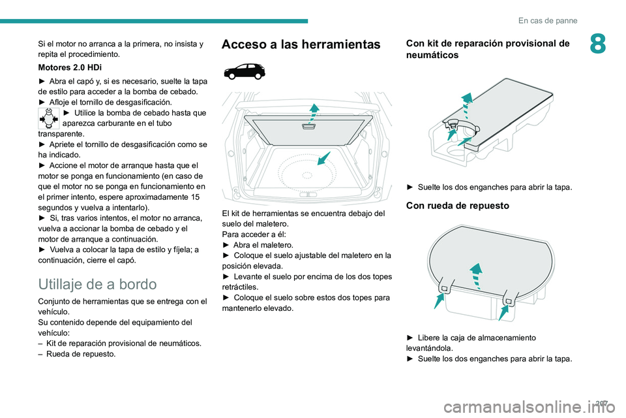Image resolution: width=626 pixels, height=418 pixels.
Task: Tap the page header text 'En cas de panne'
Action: [548, 20]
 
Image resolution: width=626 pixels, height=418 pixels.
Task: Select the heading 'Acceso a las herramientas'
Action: [302, 44]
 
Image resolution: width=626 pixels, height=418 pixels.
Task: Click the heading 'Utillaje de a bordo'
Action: [97, 284]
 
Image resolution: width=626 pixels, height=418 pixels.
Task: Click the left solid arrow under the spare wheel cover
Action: [439, 300]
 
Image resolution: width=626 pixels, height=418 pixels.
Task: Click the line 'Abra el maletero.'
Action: [258, 244]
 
